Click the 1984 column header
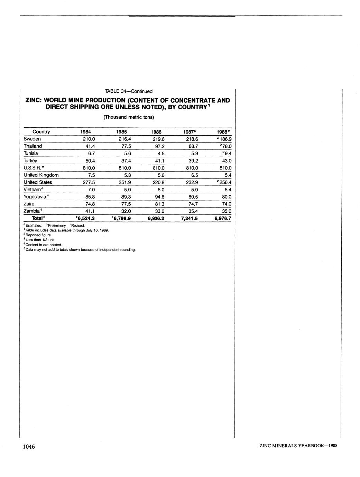coord(86,132)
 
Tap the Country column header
coord(41,132)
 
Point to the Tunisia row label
coord(31,153)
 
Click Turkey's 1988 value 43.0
coord(226,161)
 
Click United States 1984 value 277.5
coord(89,182)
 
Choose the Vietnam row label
coord(34,190)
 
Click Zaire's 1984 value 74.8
coord(89,204)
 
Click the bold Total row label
coord(38,219)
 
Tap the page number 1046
coord(29,447)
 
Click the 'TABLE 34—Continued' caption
coord(129,91)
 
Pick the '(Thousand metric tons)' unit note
coord(129,117)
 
